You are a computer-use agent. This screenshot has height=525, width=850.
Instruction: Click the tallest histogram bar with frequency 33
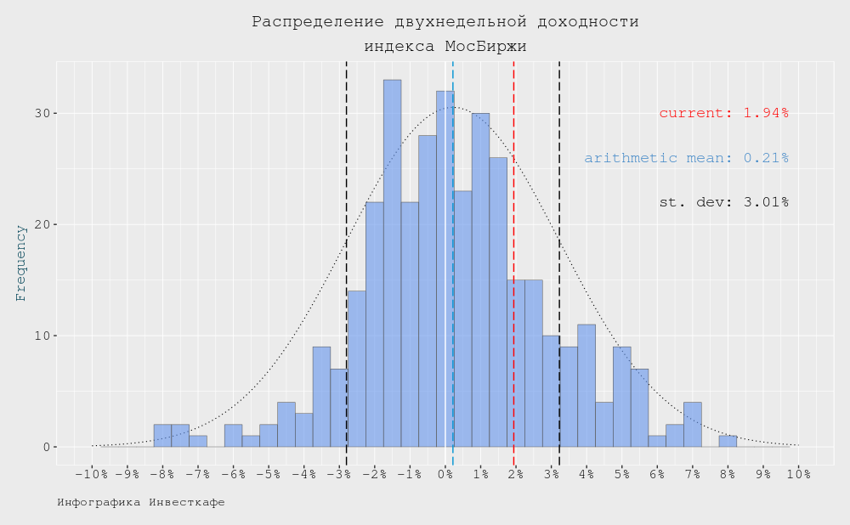click(392, 263)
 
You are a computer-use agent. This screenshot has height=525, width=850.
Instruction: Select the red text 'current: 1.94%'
click(723, 113)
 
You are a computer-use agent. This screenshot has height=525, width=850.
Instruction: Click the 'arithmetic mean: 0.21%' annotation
click(686, 158)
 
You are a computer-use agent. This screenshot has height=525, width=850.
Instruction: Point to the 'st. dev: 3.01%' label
click(723, 202)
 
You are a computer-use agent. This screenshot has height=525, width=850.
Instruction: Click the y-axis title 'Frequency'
click(21, 262)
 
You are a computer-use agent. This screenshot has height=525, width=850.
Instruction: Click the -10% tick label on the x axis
click(92, 474)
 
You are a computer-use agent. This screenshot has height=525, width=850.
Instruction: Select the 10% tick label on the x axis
click(798, 474)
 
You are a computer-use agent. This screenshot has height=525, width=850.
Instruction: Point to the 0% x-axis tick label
click(445, 474)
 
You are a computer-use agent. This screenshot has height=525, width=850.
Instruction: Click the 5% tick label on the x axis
click(621, 474)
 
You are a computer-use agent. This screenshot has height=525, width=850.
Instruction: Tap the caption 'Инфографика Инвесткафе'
click(141, 503)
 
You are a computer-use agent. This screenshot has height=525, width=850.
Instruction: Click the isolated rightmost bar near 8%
click(728, 441)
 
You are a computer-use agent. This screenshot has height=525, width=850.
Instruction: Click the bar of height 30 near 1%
click(480, 280)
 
